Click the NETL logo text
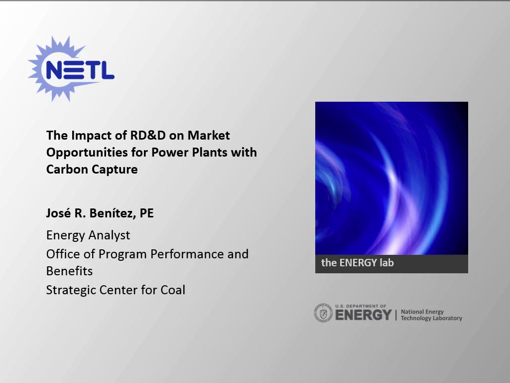(80, 70)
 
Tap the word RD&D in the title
(148, 135)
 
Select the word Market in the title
(209, 135)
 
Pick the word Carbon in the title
(67, 170)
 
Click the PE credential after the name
(147, 213)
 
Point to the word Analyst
(109, 235)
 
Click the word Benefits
(69, 271)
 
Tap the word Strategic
(71, 290)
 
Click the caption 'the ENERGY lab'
(358, 262)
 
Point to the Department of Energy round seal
(323, 313)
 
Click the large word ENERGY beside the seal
(363, 315)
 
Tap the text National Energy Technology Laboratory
(431, 315)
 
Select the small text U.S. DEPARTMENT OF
(361, 306)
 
